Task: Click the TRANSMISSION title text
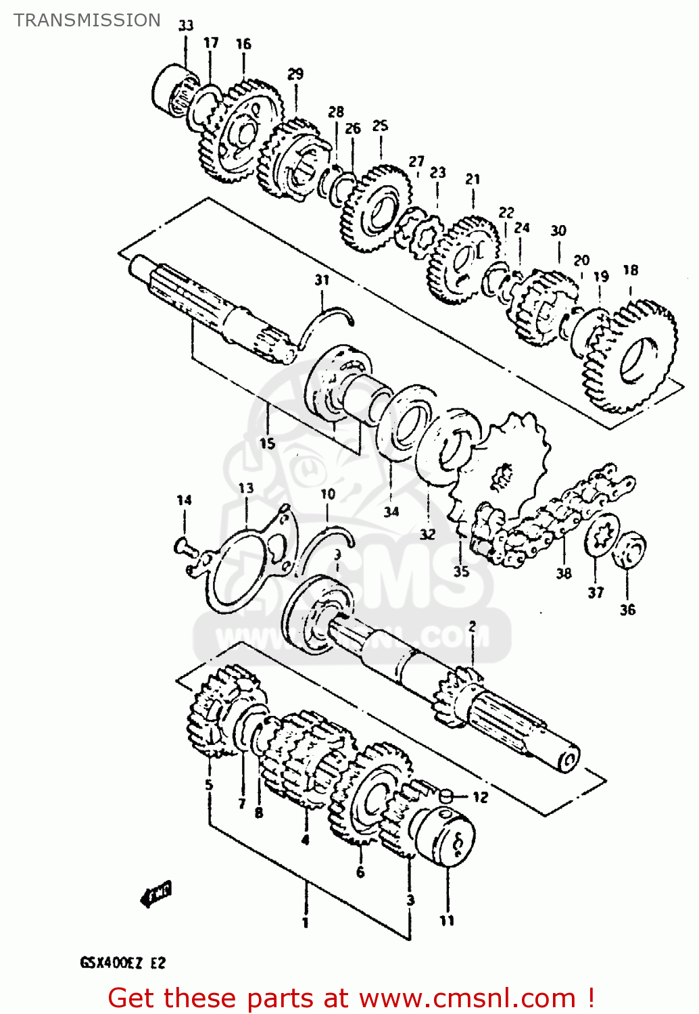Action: (x=87, y=20)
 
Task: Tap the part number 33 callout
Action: (x=186, y=25)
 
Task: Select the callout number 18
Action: (x=630, y=270)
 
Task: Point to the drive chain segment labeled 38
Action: (x=554, y=514)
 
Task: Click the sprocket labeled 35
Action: (x=504, y=466)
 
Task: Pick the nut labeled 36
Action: (x=629, y=550)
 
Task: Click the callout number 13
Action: (x=246, y=488)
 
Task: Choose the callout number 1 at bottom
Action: (x=306, y=922)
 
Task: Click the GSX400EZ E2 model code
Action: (x=122, y=963)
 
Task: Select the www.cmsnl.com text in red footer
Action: (x=466, y=998)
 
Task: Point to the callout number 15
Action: (x=268, y=443)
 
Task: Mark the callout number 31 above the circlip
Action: (x=322, y=280)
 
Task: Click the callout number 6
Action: (x=360, y=873)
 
